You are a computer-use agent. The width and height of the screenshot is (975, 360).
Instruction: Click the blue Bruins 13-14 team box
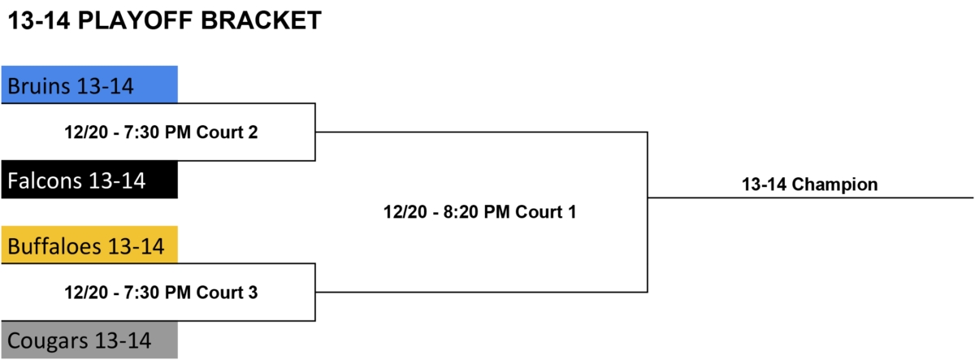tap(89, 85)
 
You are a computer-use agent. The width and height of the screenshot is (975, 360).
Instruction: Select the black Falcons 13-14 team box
tap(89, 180)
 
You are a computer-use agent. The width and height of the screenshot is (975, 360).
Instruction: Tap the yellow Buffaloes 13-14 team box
tap(89, 245)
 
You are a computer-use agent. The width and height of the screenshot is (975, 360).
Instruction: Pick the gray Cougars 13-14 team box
tap(89, 340)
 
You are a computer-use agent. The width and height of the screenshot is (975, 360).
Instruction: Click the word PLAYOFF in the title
tap(135, 20)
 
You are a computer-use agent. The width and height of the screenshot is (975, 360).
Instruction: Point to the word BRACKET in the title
tap(261, 20)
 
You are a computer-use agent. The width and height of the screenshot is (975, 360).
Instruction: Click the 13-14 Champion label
tap(809, 184)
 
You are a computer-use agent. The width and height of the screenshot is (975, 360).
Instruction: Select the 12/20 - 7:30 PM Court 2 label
tap(161, 132)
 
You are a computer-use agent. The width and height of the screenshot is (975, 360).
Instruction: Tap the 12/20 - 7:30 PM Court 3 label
tap(161, 293)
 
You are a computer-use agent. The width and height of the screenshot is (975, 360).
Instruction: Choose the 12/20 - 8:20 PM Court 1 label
tap(479, 212)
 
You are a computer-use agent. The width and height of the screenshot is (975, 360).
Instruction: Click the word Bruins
tap(39, 86)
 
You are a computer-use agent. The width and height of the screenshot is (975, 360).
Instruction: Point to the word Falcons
tap(45, 180)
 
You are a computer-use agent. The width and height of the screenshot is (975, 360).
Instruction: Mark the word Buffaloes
tap(54, 246)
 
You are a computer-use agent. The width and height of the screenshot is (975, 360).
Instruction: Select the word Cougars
tap(48, 340)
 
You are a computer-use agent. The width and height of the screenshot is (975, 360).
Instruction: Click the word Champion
tap(834, 185)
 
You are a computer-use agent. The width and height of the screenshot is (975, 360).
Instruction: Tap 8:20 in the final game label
tap(461, 212)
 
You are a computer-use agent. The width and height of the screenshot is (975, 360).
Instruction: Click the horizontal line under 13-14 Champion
tap(811, 197)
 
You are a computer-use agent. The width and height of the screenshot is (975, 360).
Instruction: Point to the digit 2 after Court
tap(253, 132)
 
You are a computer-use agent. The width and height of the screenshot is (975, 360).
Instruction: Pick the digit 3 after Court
tap(253, 293)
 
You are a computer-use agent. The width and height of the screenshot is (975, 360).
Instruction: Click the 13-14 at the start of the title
tap(39, 20)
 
